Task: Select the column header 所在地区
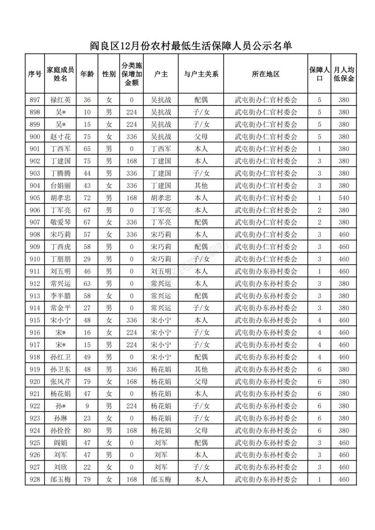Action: tap(266, 74)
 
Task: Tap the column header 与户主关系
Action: tap(201, 74)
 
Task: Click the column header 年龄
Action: tap(87, 74)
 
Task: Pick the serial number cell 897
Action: tap(35, 100)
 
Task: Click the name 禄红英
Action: tap(60, 100)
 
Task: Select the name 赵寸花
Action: tap(60, 137)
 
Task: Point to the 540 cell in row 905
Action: tap(344, 198)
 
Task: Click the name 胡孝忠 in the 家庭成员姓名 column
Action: tap(60, 198)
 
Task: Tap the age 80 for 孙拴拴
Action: tap(87, 430)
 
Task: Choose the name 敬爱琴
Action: tap(60, 222)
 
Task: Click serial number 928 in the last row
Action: tap(35, 479)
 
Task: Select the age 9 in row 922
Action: tap(87, 406)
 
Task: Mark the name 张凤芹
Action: tap(60, 381)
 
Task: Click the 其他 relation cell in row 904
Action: tap(201, 186)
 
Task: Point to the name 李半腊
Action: tap(60, 296)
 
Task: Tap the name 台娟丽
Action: tap(60, 186)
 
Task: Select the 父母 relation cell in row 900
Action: tap(201, 137)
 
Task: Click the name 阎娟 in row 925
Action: tap(60, 442)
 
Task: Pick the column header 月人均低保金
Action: tap(344, 74)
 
